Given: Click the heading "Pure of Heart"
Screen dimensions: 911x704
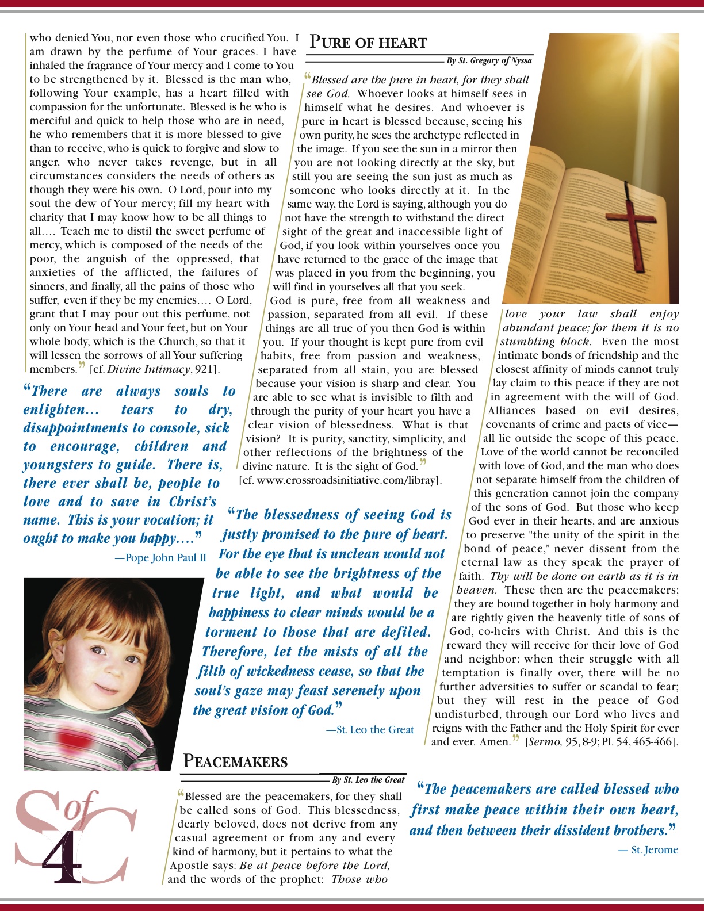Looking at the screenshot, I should click(x=368, y=43).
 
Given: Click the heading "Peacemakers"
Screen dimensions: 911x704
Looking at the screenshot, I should click(x=235, y=762).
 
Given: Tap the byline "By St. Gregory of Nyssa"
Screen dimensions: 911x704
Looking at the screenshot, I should click(x=489, y=60).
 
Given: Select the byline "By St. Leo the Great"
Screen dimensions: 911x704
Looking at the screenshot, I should click(x=368, y=780).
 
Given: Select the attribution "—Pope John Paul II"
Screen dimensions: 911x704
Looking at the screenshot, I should click(x=160, y=558).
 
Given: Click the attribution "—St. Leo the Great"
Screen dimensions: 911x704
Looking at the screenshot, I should click(x=370, y=730).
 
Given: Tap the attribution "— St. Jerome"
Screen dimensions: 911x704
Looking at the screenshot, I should click(x=648, y=850).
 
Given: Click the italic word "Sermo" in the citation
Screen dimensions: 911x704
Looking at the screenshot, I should click(x=544, y=742).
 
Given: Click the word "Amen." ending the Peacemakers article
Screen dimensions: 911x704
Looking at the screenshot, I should click(x=495, y=742).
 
